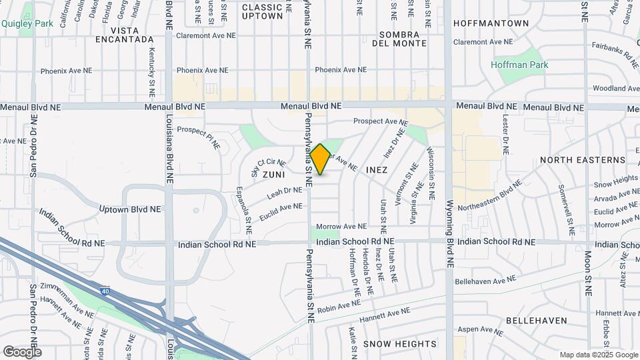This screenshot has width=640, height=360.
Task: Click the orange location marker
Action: [320, 159]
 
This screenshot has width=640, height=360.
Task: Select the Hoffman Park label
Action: [519, 65]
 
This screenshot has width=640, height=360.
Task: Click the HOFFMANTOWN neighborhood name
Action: [491, 23]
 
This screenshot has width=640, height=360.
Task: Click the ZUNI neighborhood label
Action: [273, 174]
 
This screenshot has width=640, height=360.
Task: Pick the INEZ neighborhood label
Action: [377, 171]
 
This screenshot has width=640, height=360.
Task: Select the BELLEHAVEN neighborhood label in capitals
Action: [536, 321]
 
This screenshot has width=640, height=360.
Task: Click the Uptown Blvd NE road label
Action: [130, 209]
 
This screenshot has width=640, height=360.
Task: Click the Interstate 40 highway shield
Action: [105, 291]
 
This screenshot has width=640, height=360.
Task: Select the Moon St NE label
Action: [588, 270]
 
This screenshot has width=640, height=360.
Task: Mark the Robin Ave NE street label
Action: [339, 306]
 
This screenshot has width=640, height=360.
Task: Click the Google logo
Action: [22, 351]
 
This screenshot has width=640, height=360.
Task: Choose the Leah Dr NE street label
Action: [285, 191]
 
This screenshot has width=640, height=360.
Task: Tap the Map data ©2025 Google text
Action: [598, 355]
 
